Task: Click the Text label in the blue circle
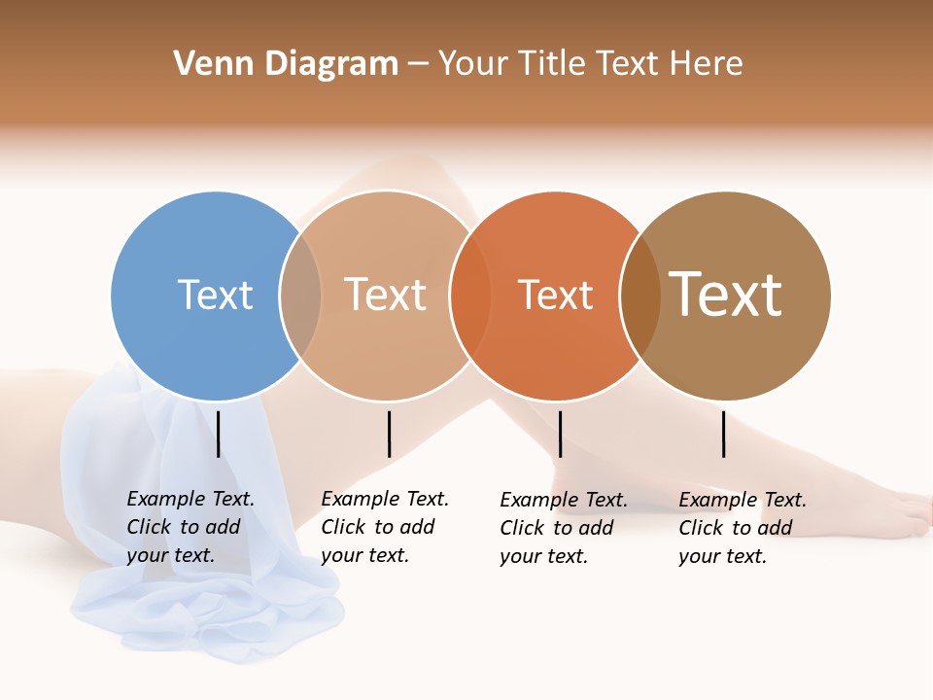coord(215,295)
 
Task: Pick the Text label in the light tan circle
coord(386,295)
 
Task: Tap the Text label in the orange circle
coord(555,295)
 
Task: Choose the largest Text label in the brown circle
coord(726,295)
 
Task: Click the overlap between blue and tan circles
coord(300,296)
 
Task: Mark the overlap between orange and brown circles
coord(640,296)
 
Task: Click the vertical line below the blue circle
coord(219,434)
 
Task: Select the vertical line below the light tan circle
coord(389,434)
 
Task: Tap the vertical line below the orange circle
coord(560,434)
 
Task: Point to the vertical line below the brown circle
coord(724,434)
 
